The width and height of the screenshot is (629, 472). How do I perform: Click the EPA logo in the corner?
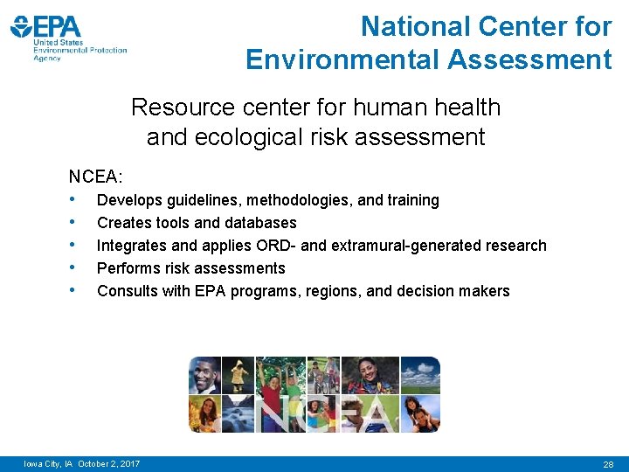coord(68,37)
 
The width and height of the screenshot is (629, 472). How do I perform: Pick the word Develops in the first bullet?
coord(128,200)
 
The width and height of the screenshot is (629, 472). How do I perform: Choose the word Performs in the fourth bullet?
coord(128,268)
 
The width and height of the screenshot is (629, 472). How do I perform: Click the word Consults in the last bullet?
coord(128,291)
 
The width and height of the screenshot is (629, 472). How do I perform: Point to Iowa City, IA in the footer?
coord(49,463)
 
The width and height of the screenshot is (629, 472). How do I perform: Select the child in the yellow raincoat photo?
coord(238,376)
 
